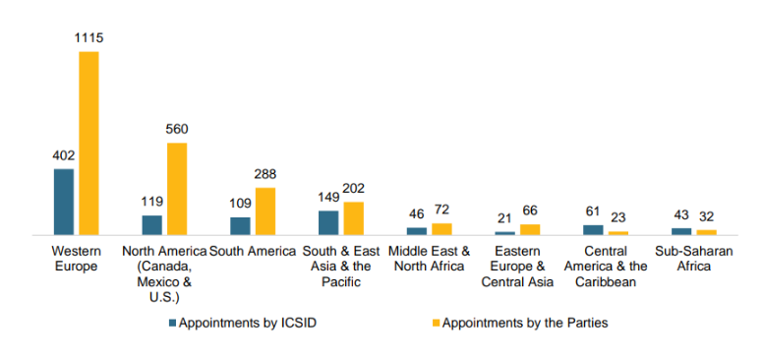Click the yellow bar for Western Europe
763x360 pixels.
click(x=88, y=144)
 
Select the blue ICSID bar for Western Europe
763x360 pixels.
click(x=64, y=202)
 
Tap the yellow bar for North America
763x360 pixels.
click(x=177, y=189)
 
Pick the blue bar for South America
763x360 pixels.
click(x=240, y=226)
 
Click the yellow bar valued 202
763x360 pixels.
click(x=353, y=218)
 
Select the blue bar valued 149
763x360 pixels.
click(x=328, y=222)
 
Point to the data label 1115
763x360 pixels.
click(x=88, y=38)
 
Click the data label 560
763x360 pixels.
click(x=177, y=129)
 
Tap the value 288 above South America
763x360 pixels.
click(x=265, y=174)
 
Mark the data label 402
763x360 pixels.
click(x=64, y=155)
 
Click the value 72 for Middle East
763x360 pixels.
click(x=441, y=210)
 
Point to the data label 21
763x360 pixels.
click(x=504, y=218)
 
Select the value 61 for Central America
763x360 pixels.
click(x=593, y=211)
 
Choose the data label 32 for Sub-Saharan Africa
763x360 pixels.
click(x=706, y=216)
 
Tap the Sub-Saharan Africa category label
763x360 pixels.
click(x=694, y=259)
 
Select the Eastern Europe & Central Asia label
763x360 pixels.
click(x=517, y=267)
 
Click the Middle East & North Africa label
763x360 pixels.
click(x=429, y=259)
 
